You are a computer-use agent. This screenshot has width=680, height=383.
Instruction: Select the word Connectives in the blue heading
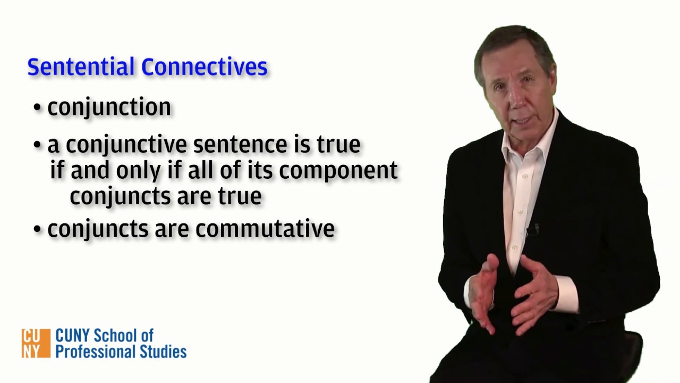tap(205, 68)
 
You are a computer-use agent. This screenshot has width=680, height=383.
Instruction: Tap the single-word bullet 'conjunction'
tap(109, 107)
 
